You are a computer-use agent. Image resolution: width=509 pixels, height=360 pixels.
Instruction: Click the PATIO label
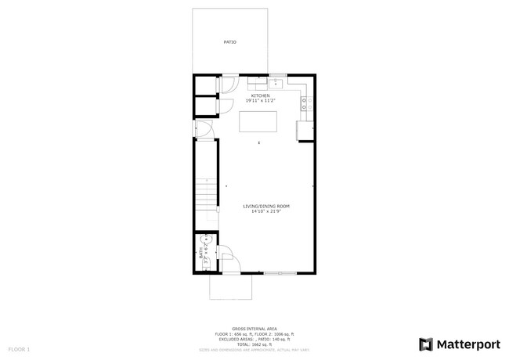(x=230, y=41)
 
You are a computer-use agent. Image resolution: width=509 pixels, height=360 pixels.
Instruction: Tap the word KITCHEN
(x=260, y=96)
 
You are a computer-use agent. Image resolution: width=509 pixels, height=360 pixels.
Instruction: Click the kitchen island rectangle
(x=259, y=123)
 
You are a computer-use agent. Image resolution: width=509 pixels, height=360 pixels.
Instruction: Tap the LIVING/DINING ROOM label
(x=266, y=207)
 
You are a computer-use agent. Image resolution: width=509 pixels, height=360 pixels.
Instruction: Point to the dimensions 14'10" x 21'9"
(x=266, y=212)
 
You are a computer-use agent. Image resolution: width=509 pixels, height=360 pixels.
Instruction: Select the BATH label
(x=200, y=254)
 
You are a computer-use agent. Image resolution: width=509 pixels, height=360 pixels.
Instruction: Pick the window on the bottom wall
(x=280, y=273)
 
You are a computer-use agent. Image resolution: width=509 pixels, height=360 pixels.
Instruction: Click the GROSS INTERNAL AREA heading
(x=254, y=328)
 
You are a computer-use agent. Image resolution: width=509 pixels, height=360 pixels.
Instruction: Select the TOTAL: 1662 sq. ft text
(x=254, y=344)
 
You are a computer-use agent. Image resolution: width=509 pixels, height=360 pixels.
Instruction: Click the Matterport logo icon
(x=427, y=344)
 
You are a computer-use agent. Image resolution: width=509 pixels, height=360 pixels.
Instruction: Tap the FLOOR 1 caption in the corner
(x=19, y=348)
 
